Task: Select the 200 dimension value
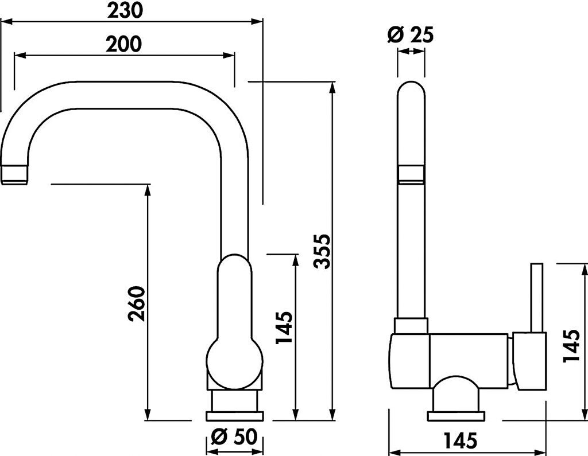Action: (124, 44)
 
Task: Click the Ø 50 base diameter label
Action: (234, 438)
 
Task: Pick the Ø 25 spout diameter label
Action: (411, 35)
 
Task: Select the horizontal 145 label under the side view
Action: (460, 441)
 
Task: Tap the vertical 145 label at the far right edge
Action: (572, 346)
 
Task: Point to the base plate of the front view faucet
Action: (234, 415)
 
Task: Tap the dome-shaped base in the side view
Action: (456, 393)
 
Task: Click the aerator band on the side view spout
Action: (411, 174)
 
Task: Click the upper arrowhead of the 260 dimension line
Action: (148, 189)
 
